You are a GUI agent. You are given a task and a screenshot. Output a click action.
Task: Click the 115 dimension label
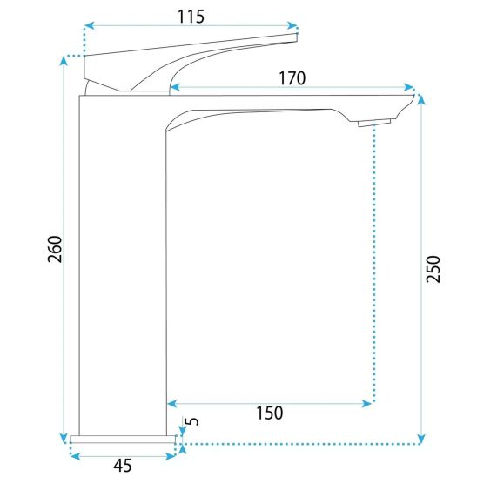tap(191, 17)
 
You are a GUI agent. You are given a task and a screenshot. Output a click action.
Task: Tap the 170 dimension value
tap(292, 78)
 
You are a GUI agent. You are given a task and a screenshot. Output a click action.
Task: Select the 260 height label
tap(55, 249)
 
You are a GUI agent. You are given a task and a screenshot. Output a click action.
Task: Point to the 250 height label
tap(433, 270)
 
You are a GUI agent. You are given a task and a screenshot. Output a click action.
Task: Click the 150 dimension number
tap(270, 413)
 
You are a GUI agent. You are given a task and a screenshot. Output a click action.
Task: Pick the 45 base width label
tap(123, 466)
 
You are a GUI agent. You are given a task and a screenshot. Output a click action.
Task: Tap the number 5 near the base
tap(192, 421)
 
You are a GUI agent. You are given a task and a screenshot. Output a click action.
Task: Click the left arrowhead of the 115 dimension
tap(89, 26)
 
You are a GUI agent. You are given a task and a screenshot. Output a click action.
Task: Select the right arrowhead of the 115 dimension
tap(292, 26)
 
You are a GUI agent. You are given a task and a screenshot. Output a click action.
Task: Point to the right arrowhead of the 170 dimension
tap(408, 87)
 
